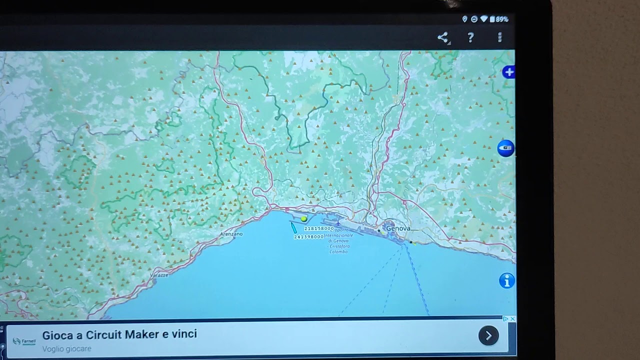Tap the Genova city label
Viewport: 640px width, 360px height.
coord(398,228)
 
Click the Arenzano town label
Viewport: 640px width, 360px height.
coord(231,234)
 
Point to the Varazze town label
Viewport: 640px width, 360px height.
coord(159,275)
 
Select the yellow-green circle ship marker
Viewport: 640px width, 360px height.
coord(303,218)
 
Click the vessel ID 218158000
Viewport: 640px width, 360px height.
coord(318,228)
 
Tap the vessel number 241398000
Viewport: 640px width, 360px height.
coord(308,236)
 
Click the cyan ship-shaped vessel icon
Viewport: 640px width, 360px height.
coord(293,227)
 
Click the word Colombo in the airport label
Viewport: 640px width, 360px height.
coord(338,251)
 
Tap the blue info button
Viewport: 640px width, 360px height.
coord(506,281)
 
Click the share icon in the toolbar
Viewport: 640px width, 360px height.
coord(442,37)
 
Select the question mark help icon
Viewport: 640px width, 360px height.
coord(470,37)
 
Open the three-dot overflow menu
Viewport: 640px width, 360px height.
coord(499,37)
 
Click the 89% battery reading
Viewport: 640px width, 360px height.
coord(502,19)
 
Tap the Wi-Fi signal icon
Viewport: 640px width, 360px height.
coord(483,19)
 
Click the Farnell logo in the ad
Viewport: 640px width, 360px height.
coord(24,341)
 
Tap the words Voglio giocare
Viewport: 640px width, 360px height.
coord(66,349)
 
